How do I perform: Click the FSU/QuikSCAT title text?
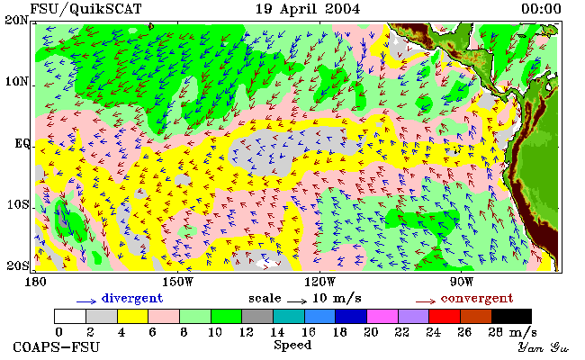(x=85, y=9)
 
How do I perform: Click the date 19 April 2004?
(x=308, y=9)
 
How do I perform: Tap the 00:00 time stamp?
(x=541, y=9)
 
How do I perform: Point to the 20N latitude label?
(x=17, y=20)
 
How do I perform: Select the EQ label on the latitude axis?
(x=22, y=143)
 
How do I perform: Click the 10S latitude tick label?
(x=18, y=204)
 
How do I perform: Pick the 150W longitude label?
(x=178, y=282)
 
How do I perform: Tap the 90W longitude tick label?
(x=462, y=282)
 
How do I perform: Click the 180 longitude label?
(x=35, y=282)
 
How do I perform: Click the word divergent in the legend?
(x=132, y=299)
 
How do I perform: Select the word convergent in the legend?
(x=477, y=299)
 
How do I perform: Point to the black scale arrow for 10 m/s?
(x=297, y=301)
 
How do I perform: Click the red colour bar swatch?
(x=445, y=316)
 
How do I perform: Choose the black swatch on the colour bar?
(x=511, y=316)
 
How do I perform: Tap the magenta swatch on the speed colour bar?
(x=382, y=316)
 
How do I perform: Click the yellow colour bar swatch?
(x=133, y=316)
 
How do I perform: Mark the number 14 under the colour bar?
(x=277, y=332)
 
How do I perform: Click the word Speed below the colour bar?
(x=292, y=345)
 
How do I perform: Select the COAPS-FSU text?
(x=57, y=347)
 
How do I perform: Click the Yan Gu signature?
(x=544, y=347)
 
